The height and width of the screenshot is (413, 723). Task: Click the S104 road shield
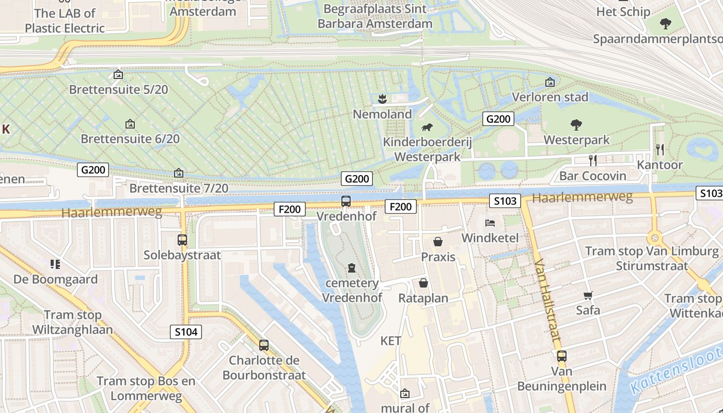tap(186, 332)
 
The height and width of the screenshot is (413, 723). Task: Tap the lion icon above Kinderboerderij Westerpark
tap(427, 128)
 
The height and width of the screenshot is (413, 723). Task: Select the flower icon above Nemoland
tap(382, 99)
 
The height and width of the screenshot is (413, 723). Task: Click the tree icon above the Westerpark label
tap(576, 124)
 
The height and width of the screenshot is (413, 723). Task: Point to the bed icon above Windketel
tap(490, 223)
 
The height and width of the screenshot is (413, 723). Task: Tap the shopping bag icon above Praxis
tap(438, 242)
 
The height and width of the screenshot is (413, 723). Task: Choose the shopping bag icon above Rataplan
tap(423, 283)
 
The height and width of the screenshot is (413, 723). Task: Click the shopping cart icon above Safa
tap(588, 295)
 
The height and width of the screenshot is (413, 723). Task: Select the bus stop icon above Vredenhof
tap(346, 201)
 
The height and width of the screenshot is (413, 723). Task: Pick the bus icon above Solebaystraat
tap(182, 240)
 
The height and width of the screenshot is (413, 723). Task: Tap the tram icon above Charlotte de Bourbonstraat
tap(264, 345)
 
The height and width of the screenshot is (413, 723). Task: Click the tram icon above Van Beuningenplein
tap(561, 356)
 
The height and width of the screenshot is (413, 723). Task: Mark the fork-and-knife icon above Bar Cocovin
tap(593, 161)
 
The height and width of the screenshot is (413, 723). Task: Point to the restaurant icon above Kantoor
tap(660, 150)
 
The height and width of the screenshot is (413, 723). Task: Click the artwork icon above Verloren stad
tap(550, 82)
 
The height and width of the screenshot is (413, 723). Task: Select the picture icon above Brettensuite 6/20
tap(130, 124)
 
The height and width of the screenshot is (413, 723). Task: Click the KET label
tap(391, 341)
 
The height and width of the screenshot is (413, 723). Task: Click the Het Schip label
tap(623, 11)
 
